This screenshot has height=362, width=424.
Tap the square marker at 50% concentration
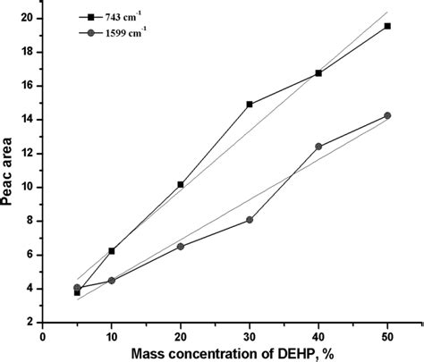tap(387, 26)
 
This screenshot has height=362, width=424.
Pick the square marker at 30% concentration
tap(250, 105)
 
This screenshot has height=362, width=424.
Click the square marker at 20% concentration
tap(181, 184)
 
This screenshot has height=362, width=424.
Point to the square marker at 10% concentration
tap(112, 251)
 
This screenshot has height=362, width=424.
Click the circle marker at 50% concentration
tap(387, 115)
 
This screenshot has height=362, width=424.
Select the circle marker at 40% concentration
tap(318, 147)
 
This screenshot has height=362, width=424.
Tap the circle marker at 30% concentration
tap(250, 220)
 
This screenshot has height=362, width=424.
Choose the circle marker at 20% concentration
tap(181, 246)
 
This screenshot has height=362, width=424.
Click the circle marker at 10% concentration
tap(112, 281)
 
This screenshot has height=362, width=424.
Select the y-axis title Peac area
tap(10, 171)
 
